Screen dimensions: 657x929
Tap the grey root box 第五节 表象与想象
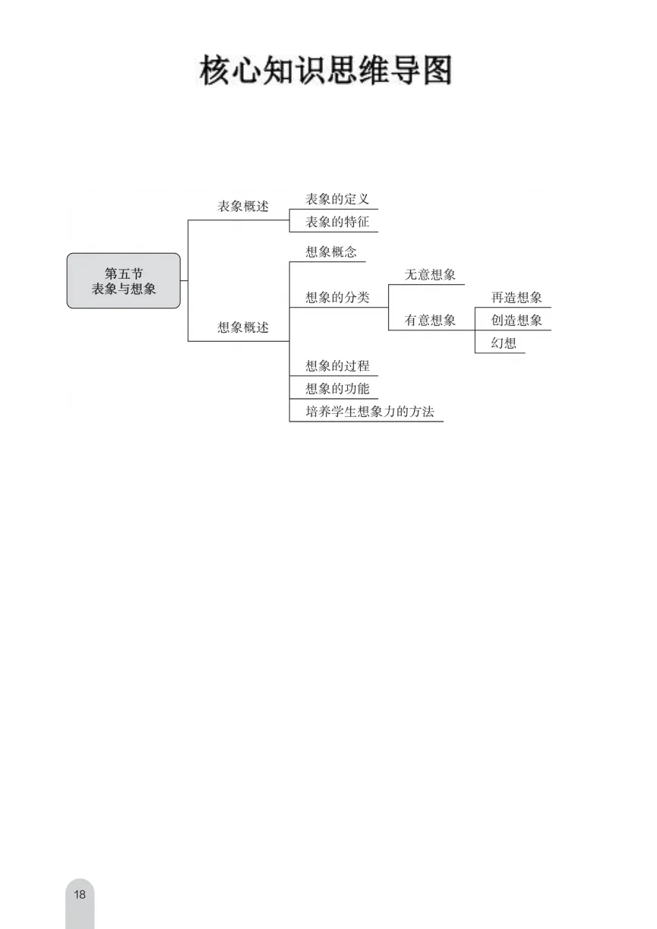click(x=124, y=281)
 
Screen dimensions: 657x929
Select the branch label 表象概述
click(x=243, y=207)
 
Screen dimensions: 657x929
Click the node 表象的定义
click(x=337, y=199)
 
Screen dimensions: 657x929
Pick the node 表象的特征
click(x=337, y=222)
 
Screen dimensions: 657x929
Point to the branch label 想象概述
click(x=243, y=328)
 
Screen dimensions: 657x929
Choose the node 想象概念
click(x=331, y=252)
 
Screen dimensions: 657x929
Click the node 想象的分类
click(x=337, y=298)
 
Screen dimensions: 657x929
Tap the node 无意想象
click(x=430, y=275)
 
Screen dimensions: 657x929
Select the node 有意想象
click(x=430, y=321)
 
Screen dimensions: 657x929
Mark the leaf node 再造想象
click(x=516, y=298)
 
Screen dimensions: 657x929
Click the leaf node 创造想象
click(x=516, y=321)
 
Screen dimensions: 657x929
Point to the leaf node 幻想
click(x=504, y=343)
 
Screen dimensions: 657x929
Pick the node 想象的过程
click(x=337, y=366)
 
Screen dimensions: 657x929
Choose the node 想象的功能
click(x=337, y=389)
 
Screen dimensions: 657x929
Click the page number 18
click(x=80, y=894)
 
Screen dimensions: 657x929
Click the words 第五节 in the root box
click(x=124, y=273)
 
